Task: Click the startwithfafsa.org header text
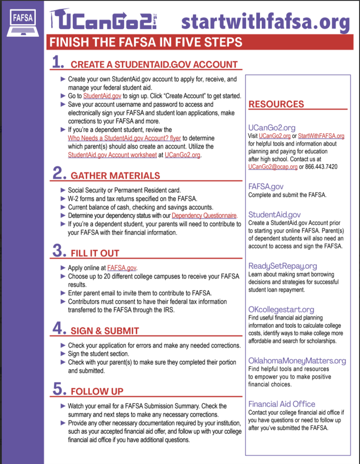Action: tap(265, 21)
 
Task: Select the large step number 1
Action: tap(58, 62)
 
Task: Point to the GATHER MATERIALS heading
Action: tap(115, 175)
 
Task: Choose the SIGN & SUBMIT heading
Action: tap(105, 331)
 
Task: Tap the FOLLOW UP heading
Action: tap(97, 391)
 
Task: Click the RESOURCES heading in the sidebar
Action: tap(276, 104)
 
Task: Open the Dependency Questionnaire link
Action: tap(204, 216)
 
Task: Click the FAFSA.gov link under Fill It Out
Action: tap(122, 268)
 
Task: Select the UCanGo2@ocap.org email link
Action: tap(273, 167)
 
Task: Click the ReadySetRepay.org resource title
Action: tap(283, 266)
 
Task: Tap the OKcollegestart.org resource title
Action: tap(281, 309)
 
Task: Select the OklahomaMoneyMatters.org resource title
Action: tap(297, 361)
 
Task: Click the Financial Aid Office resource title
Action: tap(281, 404)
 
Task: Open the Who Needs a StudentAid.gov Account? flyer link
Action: tap(124, 138)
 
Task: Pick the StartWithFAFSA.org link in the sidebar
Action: tap(321, 136)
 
